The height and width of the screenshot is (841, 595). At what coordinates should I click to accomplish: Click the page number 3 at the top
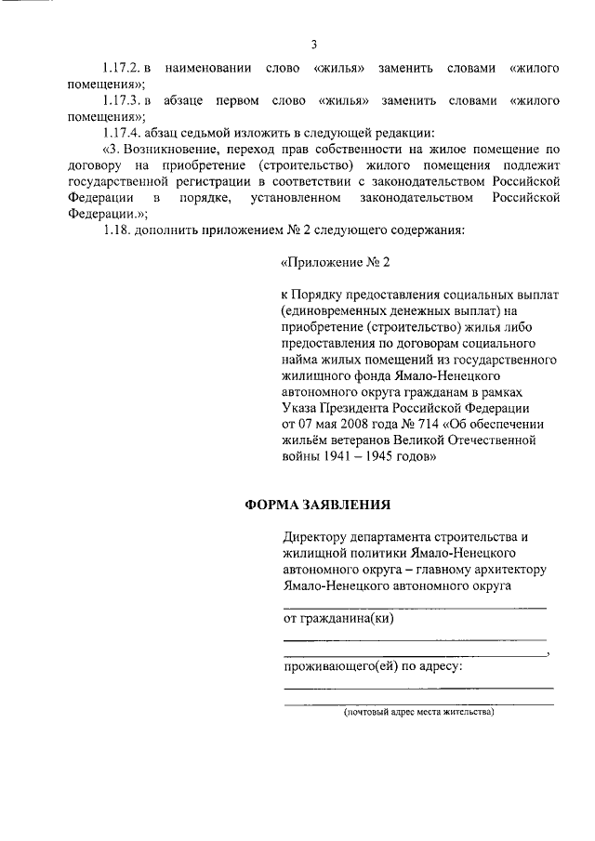314,44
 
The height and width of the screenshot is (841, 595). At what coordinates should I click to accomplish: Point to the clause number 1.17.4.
123,132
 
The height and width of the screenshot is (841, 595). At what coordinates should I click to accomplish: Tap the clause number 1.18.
116,229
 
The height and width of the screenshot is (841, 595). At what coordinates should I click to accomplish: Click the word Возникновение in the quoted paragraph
176,150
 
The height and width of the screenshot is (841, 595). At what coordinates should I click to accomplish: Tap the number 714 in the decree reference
409,424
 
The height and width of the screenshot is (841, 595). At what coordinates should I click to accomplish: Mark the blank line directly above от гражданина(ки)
415,607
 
